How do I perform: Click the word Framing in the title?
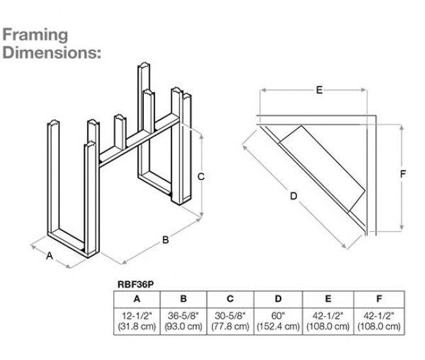35,34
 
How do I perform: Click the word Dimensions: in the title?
52,53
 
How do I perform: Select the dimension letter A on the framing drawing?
49,257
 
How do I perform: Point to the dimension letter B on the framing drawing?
165,240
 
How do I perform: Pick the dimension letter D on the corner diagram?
293,196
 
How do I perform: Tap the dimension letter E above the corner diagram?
318,90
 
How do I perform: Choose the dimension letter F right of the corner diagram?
403,173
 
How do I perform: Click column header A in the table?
136,298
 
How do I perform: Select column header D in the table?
278,298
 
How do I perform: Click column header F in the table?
379,298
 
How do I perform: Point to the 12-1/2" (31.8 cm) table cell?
136,320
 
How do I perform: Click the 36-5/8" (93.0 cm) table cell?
183,320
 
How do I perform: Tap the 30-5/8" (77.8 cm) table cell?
229,320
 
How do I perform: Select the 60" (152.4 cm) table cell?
278,320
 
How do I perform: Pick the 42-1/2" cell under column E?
328,320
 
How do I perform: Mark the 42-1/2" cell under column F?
379,320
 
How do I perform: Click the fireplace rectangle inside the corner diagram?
321,164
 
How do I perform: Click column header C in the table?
229,298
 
